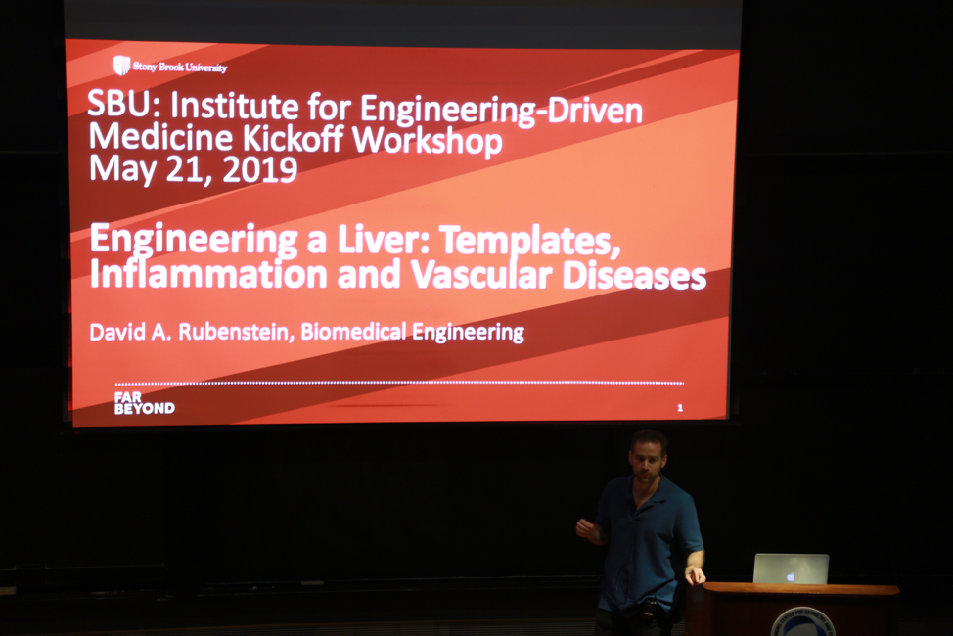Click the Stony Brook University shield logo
(x=121, y=65)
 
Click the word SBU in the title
(x=118, y=104)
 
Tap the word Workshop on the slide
(x=428, y=140)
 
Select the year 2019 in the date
(x=260, y=170)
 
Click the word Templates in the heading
(x=529, y=242)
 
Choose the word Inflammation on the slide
(x=208, y=274)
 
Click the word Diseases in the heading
(x=634, y=276)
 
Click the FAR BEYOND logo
(x=144, y=403)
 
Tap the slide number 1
(x=679, y=408)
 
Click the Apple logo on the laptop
(x=791, y=575)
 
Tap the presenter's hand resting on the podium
(x=695, y=574)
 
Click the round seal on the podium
(x=802, y=622)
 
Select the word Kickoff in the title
(x=293, y=138)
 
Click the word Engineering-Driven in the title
(x=501, y=110)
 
